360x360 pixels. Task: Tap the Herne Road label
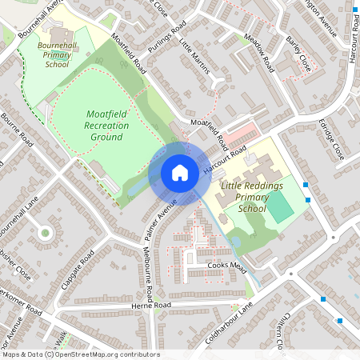point(151,306)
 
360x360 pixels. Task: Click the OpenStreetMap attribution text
point(81,354)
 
